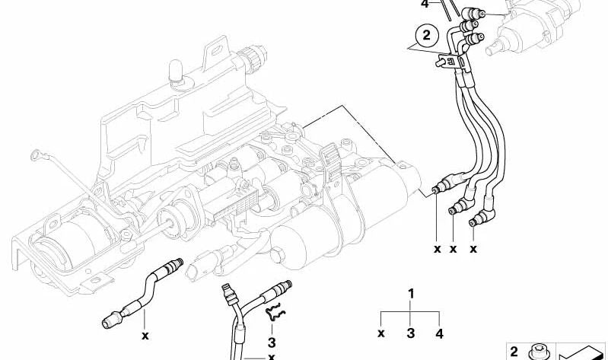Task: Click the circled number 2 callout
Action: click(426, 34)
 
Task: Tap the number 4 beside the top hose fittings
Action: click(425, 4)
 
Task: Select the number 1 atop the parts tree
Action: click(411, 294)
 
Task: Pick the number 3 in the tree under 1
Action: click(411, 332)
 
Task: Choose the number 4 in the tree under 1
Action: click(439, 332)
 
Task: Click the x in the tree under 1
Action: click(382, 333)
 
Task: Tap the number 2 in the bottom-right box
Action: click(514, 351)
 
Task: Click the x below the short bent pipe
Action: click(145, 334)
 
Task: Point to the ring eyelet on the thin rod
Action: click(33, 156)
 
